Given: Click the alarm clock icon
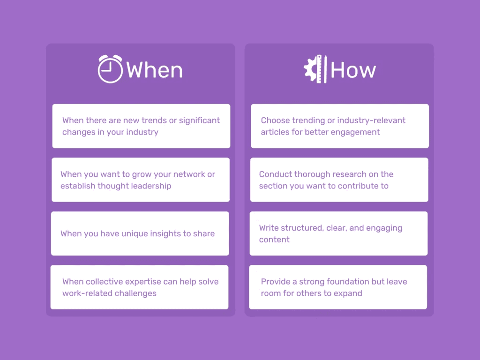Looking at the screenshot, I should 110,69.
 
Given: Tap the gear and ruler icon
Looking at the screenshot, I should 315,69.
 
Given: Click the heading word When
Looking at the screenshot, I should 155,70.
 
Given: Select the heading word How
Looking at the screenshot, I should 353,70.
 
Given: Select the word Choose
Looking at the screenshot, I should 276,120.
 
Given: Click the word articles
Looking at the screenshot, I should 275,132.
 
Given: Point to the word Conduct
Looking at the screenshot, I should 275,174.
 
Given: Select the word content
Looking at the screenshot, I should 274,240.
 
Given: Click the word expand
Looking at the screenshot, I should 348,293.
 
